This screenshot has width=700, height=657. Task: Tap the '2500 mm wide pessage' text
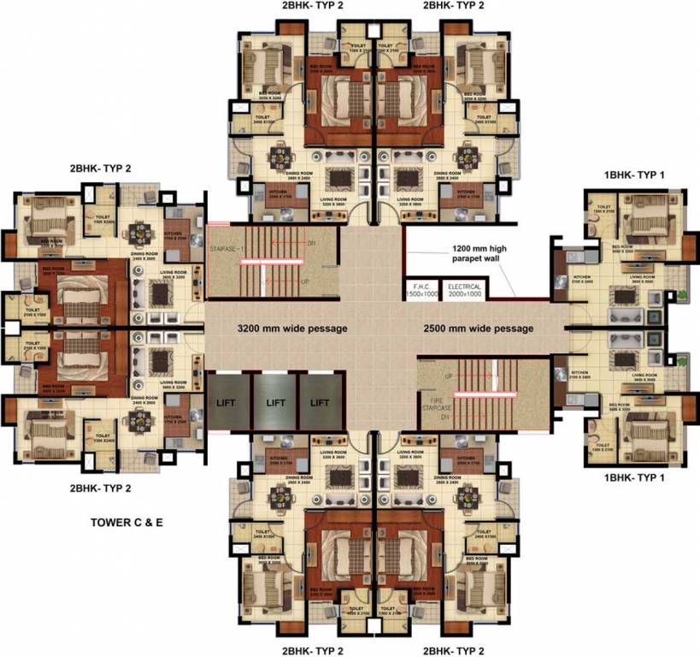[479, 328]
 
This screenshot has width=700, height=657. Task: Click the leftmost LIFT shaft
[227, 400]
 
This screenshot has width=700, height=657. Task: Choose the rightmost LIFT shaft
[320, 400]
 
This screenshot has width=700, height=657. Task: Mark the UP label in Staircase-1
[306, 281]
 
